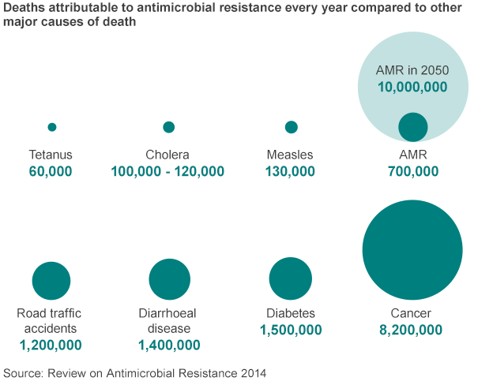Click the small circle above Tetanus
tap(52, 127)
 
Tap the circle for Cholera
tap(168, 127)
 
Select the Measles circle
tap(291, 127)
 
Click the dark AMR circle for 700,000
tap(412, 127)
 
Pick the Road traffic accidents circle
tap(51, 281)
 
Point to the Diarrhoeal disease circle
tap(169, 279)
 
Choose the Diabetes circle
tap(290, 278)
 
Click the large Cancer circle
tap(412, 250)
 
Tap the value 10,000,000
tap(412, 88)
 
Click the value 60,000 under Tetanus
tap(51, 171)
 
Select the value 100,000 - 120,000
tap(167, 171)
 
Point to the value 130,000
tap(291, 171)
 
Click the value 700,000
tap(412, 171)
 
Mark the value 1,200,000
tap(51, 345)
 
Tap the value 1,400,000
tap(169, 345)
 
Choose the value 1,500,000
tap(291, 330)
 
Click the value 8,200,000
tap(412, 330)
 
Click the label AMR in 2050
tap(412, 71)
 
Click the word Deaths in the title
tap(24, 8)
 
